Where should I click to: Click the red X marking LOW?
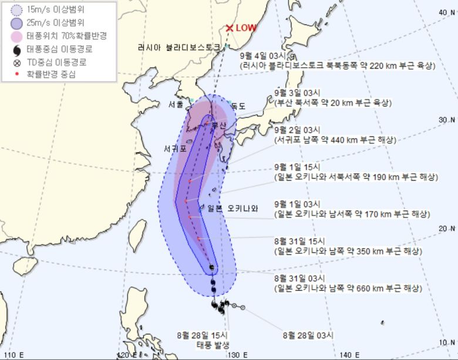click(230, 28)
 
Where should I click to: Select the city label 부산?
click(219, 125)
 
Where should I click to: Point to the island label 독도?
click(238, 106)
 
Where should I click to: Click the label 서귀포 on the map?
click(176, 149)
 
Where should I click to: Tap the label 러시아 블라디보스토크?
click(179, 47)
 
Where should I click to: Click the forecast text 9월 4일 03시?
click(264, 56)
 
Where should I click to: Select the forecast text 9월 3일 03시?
click(298, 92)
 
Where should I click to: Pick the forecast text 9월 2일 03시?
click(298, 129)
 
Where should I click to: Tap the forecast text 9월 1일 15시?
click(298, 166)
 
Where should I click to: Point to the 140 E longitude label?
click(346, 355)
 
